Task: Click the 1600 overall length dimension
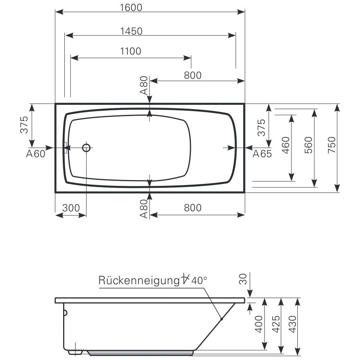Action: pos(131,7)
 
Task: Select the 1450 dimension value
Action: pos(132,31)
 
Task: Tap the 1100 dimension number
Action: pos(131,51)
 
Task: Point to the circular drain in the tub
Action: pos(86,148)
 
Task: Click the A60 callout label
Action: pos(36,154)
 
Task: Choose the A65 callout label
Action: pos(262,154)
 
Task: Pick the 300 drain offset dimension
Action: pos(71,208)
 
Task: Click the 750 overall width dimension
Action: pos(332,145)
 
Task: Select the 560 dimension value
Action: pos(309,145)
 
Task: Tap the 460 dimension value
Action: pos(286,145)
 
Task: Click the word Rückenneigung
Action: pos(139,281)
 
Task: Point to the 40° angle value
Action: pos(199,280)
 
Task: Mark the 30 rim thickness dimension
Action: pos(243,279)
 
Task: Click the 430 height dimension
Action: pos(293,324)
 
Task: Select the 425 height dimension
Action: pos(276,324)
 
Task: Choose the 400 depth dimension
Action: pos(259,324)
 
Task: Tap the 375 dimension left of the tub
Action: pos(24,125)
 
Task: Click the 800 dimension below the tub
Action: pos(192,208)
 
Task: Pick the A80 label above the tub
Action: pos(144,86)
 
